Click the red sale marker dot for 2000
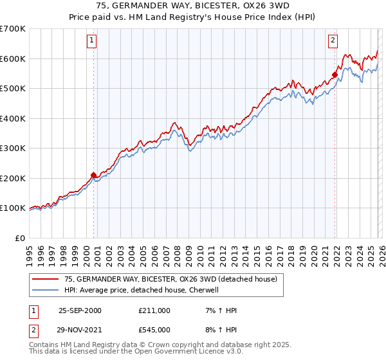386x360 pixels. tap(94, 174)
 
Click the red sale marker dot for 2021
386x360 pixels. tap(335, 75)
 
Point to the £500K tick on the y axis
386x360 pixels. tap(13, 89)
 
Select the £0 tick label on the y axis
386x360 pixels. tap(20, 238)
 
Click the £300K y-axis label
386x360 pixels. tap(13, 148)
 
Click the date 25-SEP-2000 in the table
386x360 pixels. tap(80, 310)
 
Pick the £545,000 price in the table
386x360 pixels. tap(154, 329)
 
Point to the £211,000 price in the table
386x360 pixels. tap(154, 310)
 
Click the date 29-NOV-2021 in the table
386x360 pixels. tap(80, 329)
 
